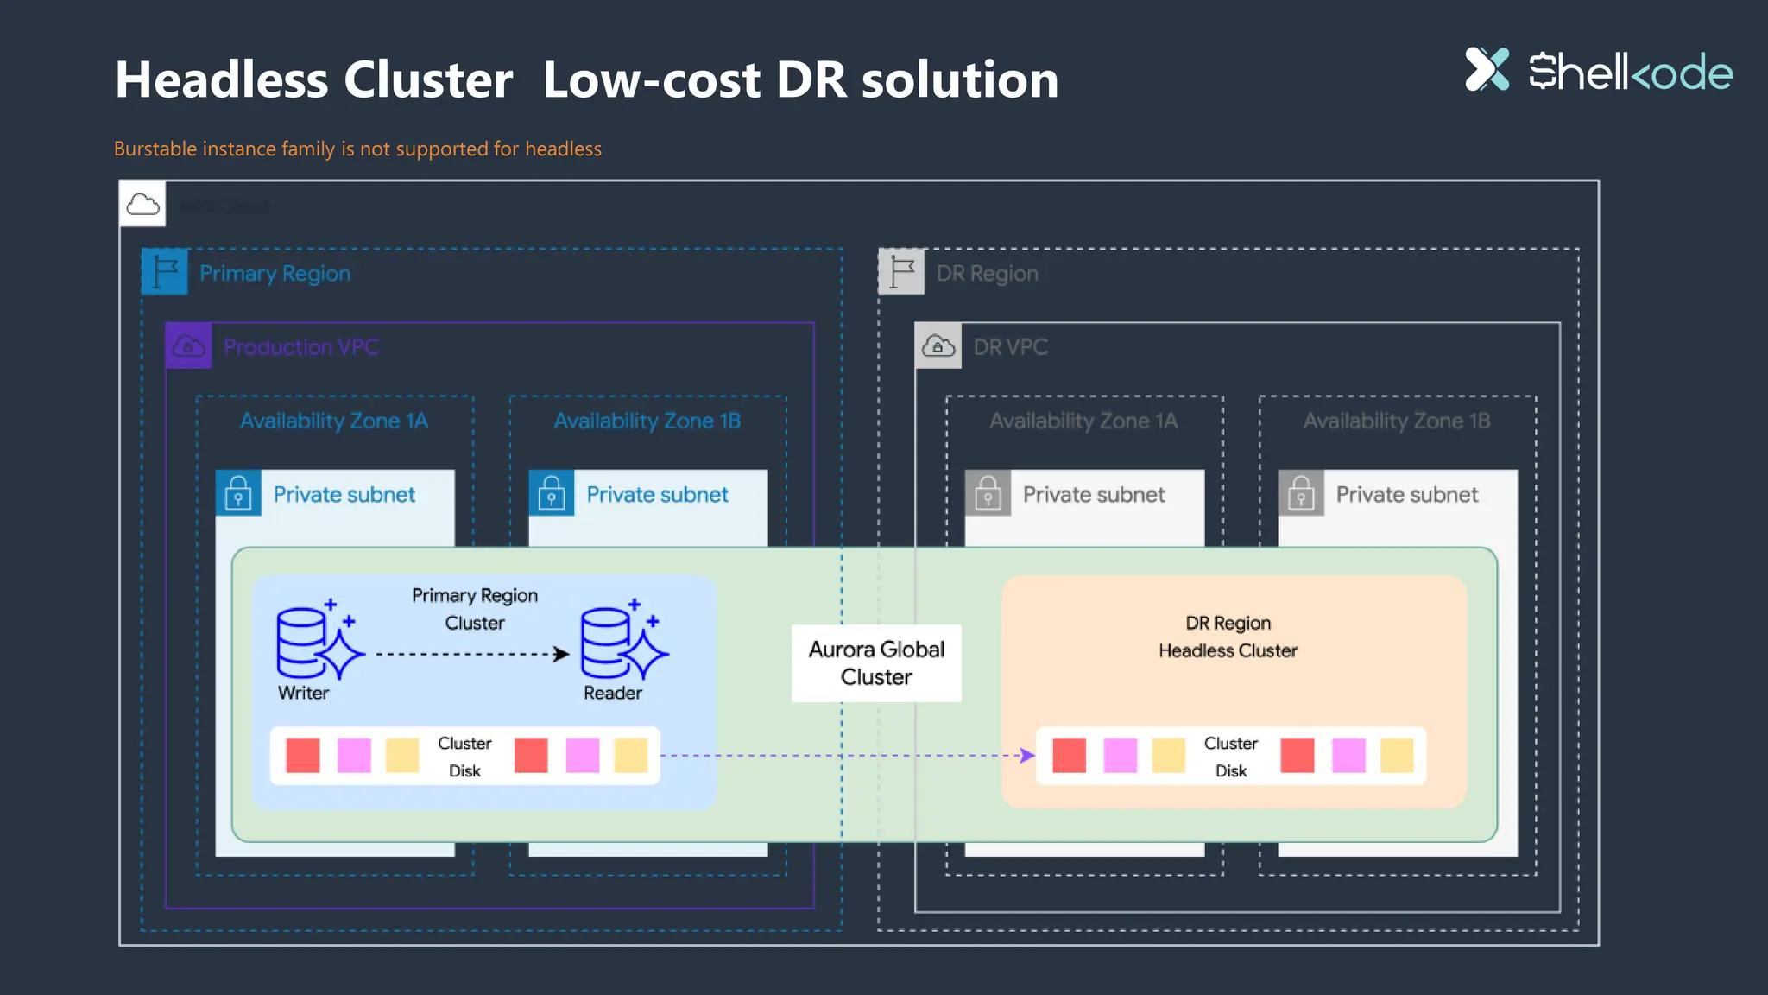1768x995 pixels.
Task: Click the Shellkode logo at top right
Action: [1598, 71]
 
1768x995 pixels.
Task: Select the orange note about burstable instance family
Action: [357, 149]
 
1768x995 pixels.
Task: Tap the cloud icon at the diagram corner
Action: [142, 205]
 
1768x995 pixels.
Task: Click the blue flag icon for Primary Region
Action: [165, 272]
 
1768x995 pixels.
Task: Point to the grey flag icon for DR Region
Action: [901, 272]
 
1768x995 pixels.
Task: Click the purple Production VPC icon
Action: [189, 346]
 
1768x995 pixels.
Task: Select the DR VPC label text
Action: [1010, 347]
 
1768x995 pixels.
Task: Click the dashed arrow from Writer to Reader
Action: [471, 654]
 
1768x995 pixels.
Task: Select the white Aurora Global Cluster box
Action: [876, 662]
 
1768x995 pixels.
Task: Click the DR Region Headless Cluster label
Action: [1228, 637]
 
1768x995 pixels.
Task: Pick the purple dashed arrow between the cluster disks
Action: [846, 756]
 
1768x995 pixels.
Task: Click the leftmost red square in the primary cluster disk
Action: [303, 756]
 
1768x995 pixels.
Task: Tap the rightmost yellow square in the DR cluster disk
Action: [1397, 756]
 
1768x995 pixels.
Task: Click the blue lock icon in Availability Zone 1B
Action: [552, 493]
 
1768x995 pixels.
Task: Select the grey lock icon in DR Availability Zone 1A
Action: [988, 493]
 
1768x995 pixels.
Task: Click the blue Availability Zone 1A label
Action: [334, 421]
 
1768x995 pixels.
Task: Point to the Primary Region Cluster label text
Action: [475, 609]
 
